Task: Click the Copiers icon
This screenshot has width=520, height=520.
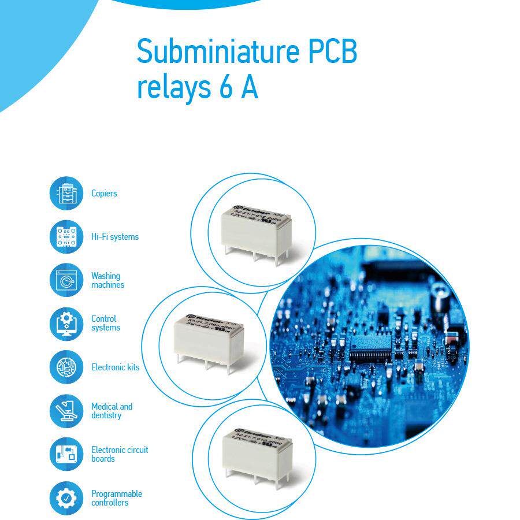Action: [x=66, y=193]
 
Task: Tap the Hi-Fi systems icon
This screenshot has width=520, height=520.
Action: [x=66, y=236]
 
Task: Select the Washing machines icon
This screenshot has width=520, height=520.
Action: [x=66, y=280]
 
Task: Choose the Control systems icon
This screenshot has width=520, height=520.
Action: [x=66, y=323]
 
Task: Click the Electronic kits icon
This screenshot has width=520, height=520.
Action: [x=66, y=367]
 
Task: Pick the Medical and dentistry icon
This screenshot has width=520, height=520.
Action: [x=66, y=411]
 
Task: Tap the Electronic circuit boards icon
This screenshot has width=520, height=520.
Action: [x=66, y=454]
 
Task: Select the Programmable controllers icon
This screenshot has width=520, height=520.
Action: [x=66, y=498]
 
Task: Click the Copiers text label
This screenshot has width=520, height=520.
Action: [x=104, y=194]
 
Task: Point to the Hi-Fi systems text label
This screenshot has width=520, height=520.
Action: [x=115, y=237]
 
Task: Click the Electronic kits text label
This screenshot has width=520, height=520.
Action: [x=115, y=367]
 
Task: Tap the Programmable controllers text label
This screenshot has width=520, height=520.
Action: [x=116, y=498]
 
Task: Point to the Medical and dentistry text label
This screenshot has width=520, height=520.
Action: [x=112, y=411]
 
